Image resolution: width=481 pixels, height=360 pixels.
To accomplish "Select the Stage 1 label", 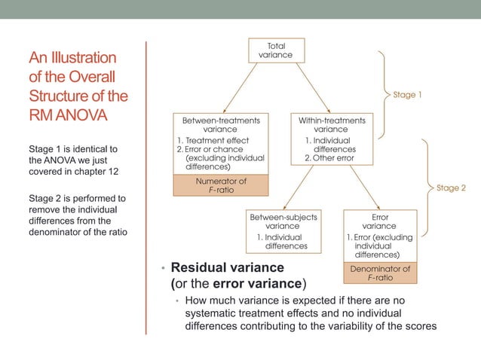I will coord(407,96).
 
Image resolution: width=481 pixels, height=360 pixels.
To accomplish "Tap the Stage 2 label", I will coord(452,188).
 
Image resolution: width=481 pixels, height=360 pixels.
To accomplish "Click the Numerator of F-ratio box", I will coord(210,186).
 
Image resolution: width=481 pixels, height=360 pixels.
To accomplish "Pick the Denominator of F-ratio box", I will coord(380,273).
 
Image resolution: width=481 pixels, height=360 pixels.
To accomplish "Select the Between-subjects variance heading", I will coord(283,221).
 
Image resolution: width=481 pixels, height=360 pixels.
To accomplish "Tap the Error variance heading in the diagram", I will coord(379,221).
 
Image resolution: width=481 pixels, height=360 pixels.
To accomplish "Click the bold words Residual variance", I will coord(227,267).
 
